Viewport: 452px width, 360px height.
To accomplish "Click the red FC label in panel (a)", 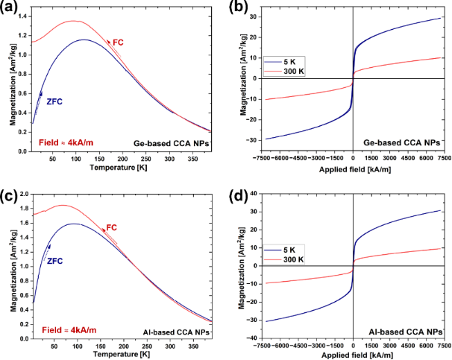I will click(117, 42).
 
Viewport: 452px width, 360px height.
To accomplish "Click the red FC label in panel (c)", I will click(113, 227).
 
